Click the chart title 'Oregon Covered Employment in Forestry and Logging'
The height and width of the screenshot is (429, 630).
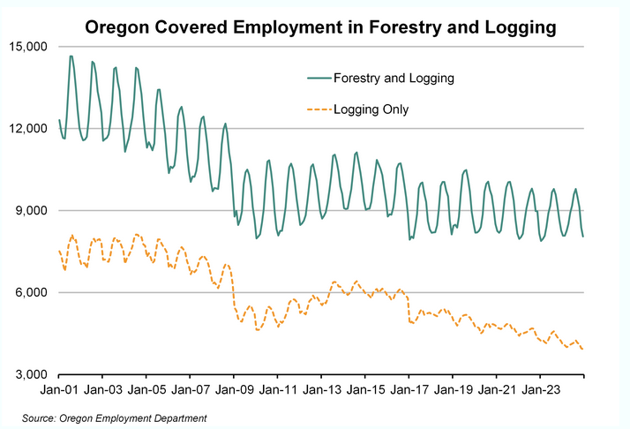tap(320, 27)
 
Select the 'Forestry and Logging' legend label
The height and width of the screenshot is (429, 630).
tap(394, 78)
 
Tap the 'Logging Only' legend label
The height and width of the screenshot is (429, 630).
tap(371, 109)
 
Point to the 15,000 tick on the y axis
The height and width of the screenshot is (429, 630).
tap(29, 47)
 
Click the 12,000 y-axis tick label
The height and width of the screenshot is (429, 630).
tap(29, 129)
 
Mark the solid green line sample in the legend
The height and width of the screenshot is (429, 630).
tap(317, 78)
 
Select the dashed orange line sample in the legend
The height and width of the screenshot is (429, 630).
tap(317, 109)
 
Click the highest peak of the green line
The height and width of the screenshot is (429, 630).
tap(71, 56)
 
